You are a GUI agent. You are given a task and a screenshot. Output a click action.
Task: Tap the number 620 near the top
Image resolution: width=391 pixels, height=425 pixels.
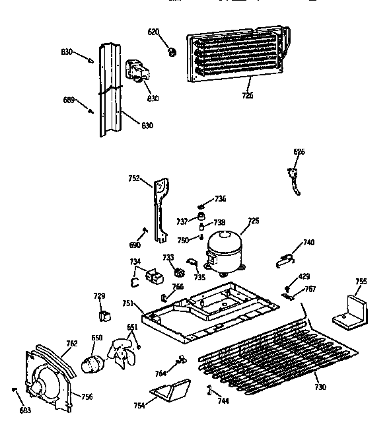tap(153, 31)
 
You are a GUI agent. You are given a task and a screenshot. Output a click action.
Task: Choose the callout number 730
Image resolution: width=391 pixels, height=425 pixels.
tap(320, 387)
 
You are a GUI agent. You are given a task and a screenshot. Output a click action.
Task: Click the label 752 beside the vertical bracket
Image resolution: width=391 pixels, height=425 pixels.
tap(134, 178)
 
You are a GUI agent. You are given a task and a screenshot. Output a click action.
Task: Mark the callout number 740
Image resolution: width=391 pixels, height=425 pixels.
tap(308, 243)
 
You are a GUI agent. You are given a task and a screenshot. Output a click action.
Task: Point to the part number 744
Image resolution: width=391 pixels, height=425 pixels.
tap(224, 401)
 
